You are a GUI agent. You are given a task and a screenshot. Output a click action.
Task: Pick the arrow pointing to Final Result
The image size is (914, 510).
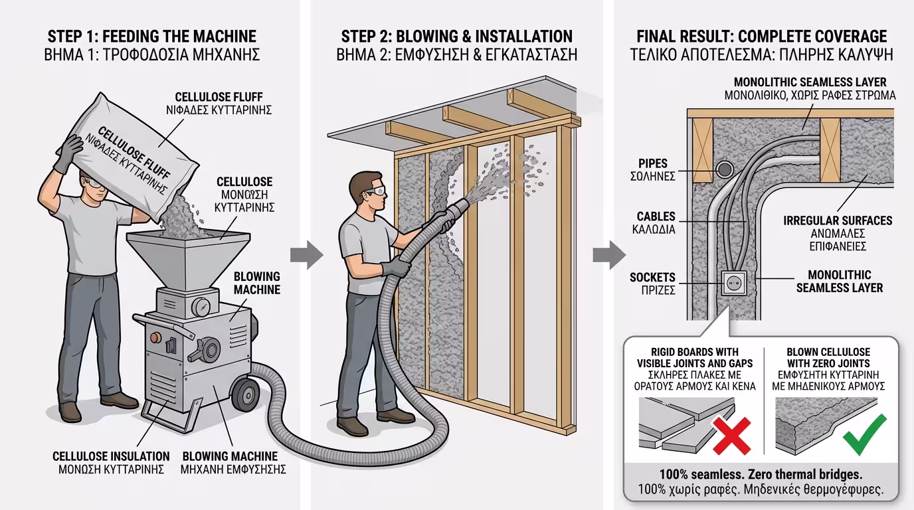608,255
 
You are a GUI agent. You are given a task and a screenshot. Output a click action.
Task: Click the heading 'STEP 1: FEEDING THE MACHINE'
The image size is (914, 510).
152,36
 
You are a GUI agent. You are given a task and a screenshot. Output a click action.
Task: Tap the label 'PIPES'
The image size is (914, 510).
652,163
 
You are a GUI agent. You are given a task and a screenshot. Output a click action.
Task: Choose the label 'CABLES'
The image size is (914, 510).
656,216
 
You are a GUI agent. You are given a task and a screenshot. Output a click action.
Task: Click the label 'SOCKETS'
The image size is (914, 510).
652,278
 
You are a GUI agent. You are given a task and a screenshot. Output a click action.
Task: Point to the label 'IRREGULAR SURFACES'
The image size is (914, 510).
838,220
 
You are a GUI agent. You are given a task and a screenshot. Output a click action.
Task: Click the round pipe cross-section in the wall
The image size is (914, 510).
725,169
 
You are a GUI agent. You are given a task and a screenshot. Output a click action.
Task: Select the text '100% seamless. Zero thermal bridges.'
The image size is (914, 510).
761,475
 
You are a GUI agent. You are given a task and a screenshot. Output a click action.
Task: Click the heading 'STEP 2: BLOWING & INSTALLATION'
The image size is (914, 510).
457,36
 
